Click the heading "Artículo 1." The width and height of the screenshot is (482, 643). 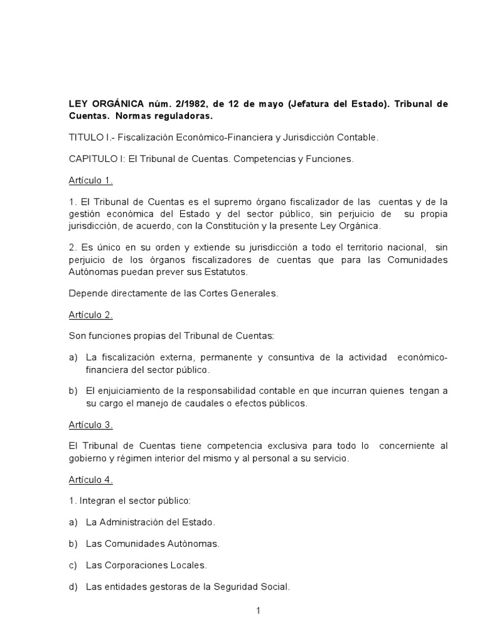(x=90, y=181)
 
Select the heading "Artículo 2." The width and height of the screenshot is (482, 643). (x=90, y=315)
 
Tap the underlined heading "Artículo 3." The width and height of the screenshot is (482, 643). (x=90, y=425)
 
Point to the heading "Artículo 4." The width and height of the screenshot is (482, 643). (x=90, y=480)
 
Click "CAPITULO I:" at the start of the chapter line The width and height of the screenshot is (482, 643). (x=96, y=159)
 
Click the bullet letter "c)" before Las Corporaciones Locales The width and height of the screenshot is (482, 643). (x=73, y=565)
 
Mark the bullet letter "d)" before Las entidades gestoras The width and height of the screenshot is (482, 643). (x=73, y=587)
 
